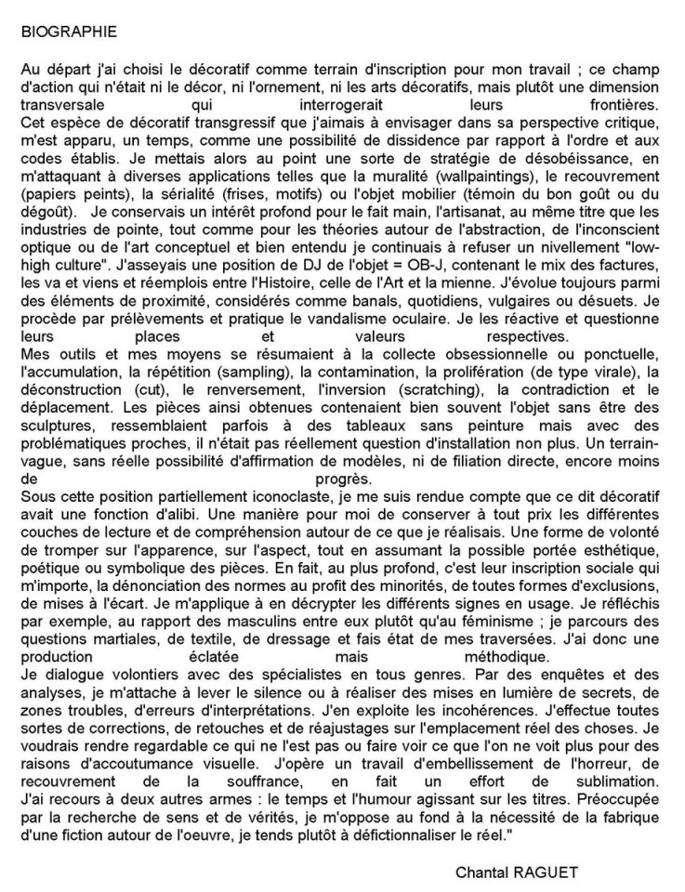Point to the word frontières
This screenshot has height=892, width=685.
[626, 106]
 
